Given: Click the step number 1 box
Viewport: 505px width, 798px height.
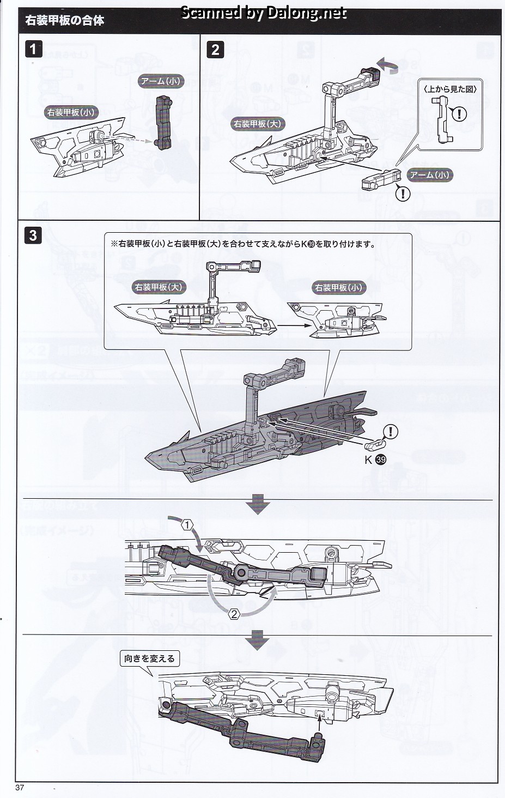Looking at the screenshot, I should [x=33, y=49].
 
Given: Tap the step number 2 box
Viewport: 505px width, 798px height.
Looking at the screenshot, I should [x=215, y=50].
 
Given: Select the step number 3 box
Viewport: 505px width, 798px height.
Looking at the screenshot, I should [x=33, y=235].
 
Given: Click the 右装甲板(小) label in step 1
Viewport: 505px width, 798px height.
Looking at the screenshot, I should [x=71, y=112].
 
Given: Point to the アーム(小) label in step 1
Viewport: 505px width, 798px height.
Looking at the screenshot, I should [x=161, y=81].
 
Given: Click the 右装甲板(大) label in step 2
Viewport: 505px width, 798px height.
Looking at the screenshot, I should [x=257, y=123].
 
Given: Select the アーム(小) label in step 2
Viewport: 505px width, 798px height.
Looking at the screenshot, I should [x=430, y=174].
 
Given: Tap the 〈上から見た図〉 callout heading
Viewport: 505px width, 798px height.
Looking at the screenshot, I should [x=451, y=89].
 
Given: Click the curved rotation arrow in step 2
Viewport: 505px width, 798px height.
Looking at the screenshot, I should [x=388, y=66].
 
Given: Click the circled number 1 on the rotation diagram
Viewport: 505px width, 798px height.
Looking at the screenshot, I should [x=187, y=525].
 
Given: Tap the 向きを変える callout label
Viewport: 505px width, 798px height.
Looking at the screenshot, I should [x=149, y=658].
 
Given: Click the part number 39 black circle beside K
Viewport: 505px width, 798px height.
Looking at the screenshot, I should [x=380, y=460].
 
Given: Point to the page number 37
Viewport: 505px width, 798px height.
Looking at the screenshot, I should [x=20, y=788].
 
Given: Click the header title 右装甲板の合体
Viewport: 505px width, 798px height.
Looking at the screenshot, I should [x=65, y=21].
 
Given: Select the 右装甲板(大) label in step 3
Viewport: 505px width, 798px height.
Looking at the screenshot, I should [x=159, y=286].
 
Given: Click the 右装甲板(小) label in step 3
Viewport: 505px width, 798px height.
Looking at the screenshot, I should [x=338, y=287].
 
